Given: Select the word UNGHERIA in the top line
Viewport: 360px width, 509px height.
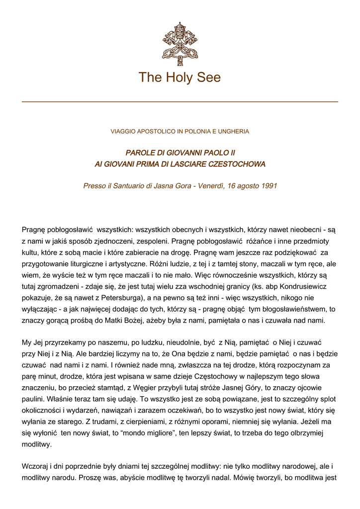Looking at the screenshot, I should click(x=233, y=132).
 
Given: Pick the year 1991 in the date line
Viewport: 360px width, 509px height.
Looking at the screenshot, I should click(x=268, y=186).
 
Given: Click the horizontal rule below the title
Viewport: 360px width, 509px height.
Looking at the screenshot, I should click(x=180, y=101).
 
